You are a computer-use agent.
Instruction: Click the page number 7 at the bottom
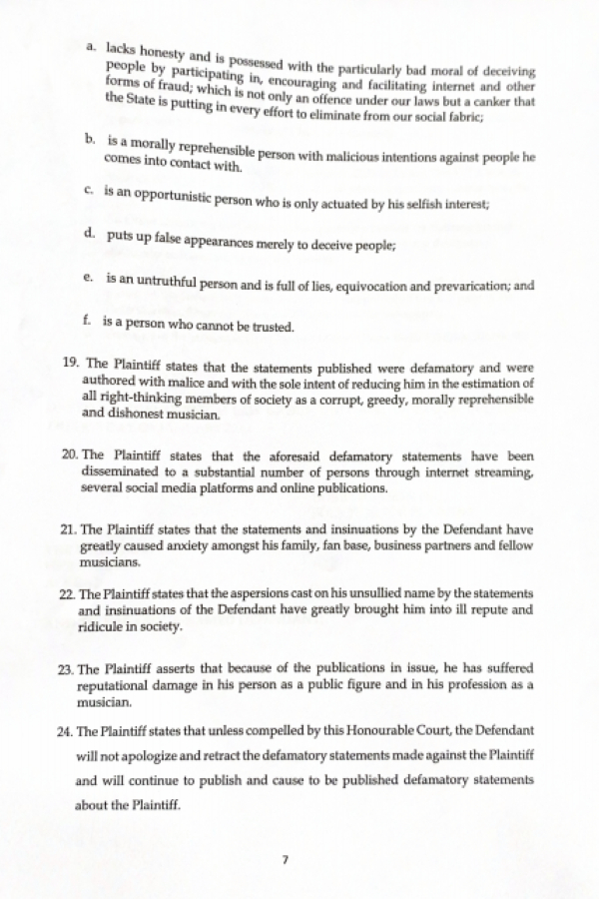coord(285,858)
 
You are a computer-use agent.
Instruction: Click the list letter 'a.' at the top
coord(93,46)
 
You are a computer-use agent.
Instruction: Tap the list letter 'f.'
coord(88,323)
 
